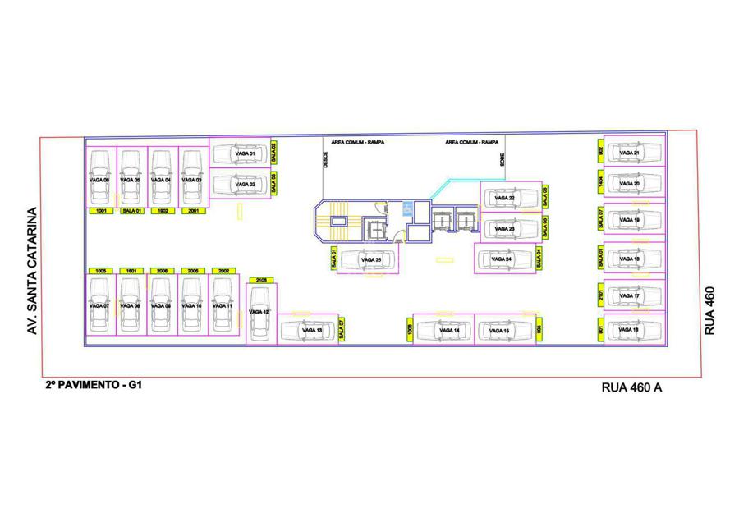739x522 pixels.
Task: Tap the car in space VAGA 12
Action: (x=258, y=314)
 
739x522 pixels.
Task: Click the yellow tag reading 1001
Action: (x=101, y=211)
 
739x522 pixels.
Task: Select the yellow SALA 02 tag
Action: (x=274, y=152)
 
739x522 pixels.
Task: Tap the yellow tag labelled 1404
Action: (x=601, y=183)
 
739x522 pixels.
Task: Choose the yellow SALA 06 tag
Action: (x=545, y=198)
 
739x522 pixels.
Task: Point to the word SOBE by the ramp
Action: (x=503, y=161)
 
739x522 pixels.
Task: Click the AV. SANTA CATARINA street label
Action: (x=33, y=261)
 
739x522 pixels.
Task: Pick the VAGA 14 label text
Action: (x=449, y=331)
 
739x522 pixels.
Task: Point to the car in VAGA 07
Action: (x=100, y=305)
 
